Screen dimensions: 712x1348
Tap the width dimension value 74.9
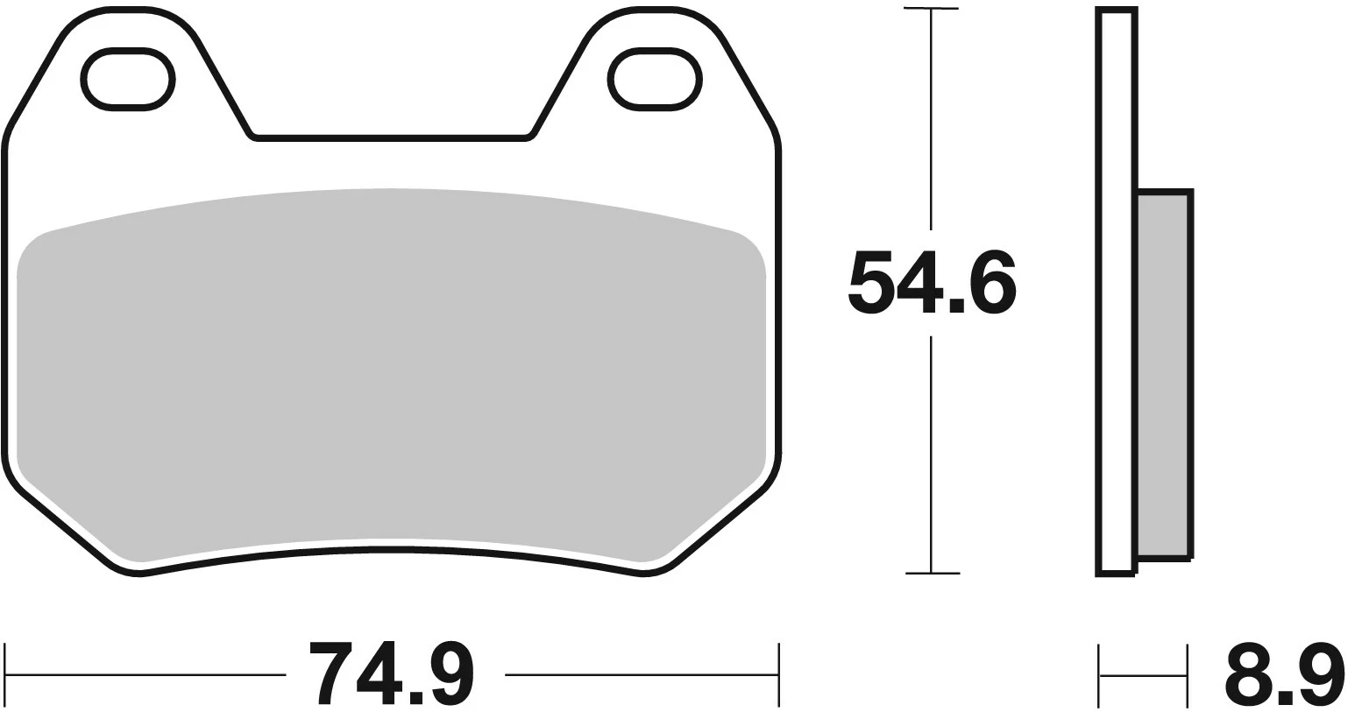tap(393, 674)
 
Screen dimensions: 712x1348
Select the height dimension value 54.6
tap(932, 283)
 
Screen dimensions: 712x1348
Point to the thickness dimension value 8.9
tap(1284, 674)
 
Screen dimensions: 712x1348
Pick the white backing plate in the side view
tap(1117, 289)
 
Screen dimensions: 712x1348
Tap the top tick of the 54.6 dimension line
tap(931, 9)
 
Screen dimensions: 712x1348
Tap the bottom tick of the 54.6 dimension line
tap(932, 574)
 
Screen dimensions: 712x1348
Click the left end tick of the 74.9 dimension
tap(5, 674)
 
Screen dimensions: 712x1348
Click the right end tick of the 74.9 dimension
tap(778, 674)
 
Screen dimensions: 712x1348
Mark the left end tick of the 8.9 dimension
tap(1099, 674)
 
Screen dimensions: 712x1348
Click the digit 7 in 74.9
tap(331, 673)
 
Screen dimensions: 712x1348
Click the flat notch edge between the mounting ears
tap(391, 137)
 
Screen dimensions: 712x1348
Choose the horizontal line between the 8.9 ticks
tap(1144, 675)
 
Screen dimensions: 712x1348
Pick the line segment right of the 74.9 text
tap(640, 675)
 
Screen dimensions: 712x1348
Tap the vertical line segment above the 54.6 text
tap(931, 118)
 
